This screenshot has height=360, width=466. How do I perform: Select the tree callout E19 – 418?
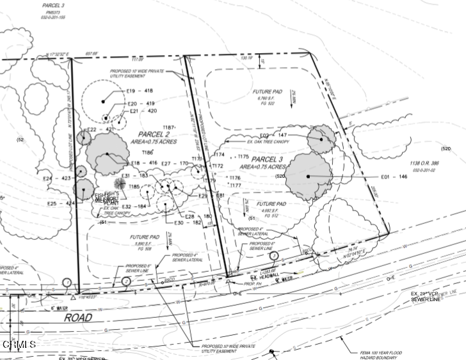[x=140, y=91]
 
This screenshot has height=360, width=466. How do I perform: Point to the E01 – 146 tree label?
[x=394, y=176]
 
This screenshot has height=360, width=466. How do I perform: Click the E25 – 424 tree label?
[x=61, y=203]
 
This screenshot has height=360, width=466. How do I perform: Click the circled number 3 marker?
[x=273, y=256]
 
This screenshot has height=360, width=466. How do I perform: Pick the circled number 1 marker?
[x=67, y=282]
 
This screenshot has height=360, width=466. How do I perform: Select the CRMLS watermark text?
[x=19, y=345]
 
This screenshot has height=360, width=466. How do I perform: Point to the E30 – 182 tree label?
[x=188, y=223]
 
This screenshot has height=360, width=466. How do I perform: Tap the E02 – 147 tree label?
[x=274, y=136]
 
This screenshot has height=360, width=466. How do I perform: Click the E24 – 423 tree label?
[x=57, y=178]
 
